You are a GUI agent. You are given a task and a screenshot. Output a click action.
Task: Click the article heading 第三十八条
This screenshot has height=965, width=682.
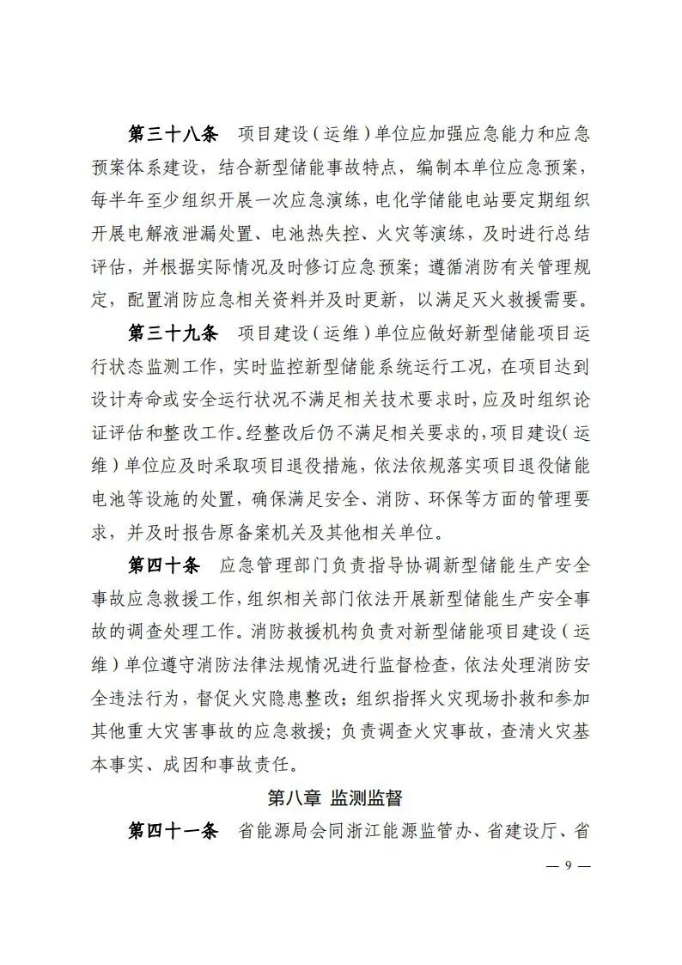pyautogui.click(x=173, y=136)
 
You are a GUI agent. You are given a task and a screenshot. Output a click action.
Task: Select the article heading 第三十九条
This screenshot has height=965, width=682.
pyautogui.click(x=173, y=333)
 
